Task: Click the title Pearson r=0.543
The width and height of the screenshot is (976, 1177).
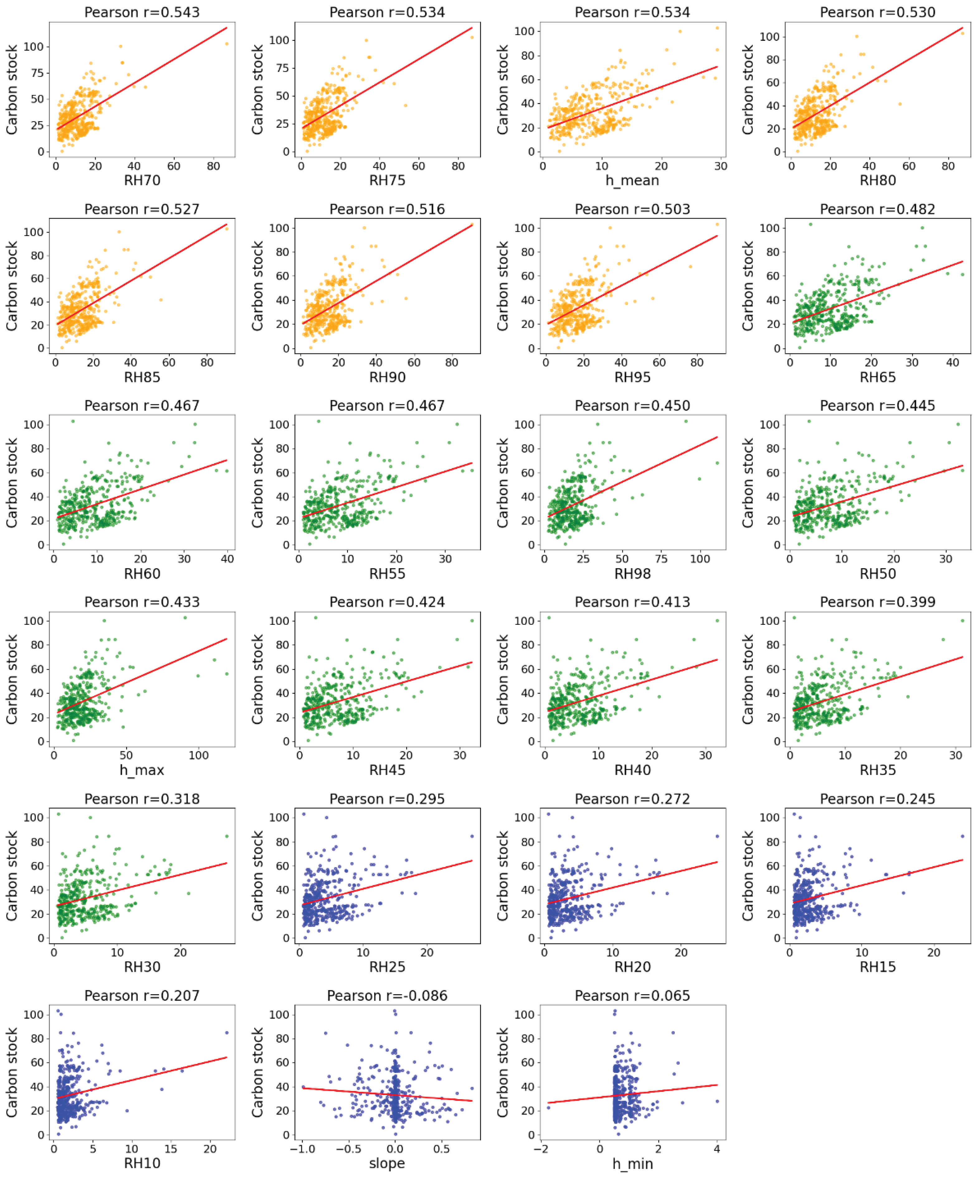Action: pos(142,12)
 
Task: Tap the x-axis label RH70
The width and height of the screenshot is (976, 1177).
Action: pos(142,180)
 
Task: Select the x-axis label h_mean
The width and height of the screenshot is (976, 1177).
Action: pos(632,180)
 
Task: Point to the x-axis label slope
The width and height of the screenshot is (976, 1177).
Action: pos(387,1163)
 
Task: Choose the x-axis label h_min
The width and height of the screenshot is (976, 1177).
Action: pos(632,1164)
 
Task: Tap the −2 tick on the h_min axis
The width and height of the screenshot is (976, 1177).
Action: pos(541,1148)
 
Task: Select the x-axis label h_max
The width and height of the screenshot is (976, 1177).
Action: pos(142,770)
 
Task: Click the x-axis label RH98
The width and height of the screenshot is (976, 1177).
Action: pos(632,573)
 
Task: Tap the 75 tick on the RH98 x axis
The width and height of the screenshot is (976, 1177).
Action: pos(661,559)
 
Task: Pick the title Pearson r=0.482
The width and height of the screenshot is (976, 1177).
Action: pos(878,209)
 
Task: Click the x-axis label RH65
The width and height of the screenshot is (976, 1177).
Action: pos(878,377)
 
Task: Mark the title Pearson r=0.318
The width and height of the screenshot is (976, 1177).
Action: pos(142,799)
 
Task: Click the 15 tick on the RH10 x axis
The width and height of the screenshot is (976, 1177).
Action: pos(170,1148)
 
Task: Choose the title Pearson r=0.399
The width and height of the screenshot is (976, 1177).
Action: pos(878,602)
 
